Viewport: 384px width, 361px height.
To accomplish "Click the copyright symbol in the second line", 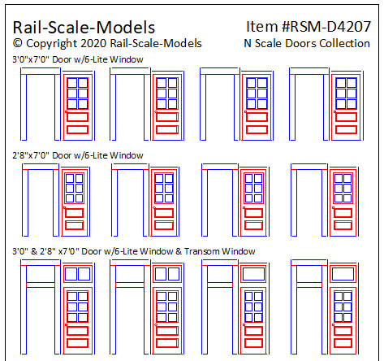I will click(x=18, y=43).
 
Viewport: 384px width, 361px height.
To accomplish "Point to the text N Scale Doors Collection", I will click(x=307, y=43).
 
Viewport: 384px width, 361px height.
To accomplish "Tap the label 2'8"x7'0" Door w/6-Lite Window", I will click(x=78, y=154).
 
